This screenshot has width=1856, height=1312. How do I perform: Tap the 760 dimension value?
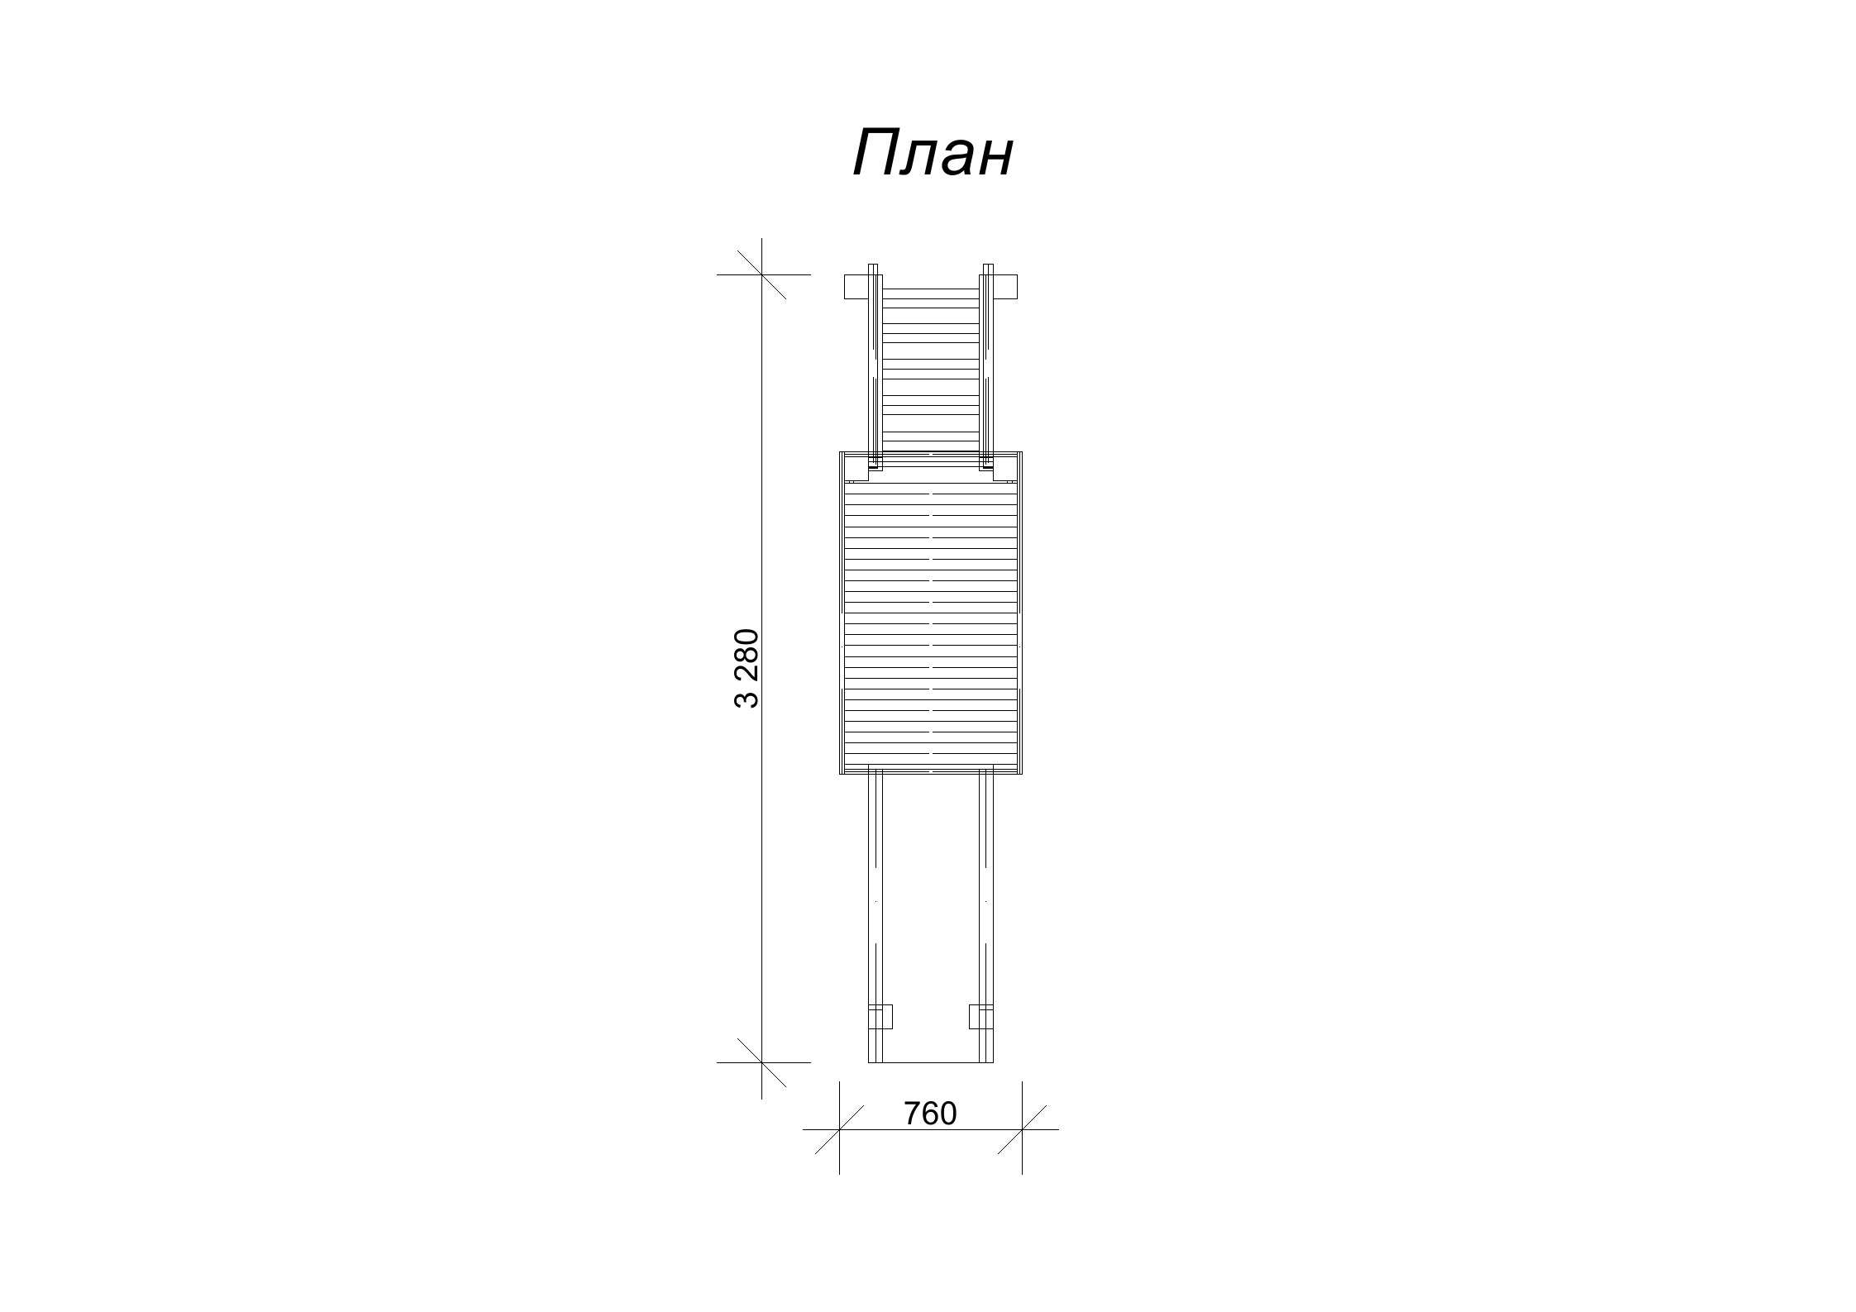point(930,1114)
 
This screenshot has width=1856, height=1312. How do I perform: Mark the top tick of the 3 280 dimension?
point(761,274)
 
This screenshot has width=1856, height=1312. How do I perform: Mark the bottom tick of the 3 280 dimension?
point(761,1062)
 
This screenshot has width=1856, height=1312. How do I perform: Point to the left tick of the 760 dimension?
point(840,1128)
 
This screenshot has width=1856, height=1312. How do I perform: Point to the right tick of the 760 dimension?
point(1022,1128)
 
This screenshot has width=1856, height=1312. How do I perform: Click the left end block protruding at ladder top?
point(856,286)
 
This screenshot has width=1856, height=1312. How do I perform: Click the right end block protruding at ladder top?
point(1005,286)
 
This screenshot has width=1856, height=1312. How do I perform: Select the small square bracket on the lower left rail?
point(881,1016)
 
